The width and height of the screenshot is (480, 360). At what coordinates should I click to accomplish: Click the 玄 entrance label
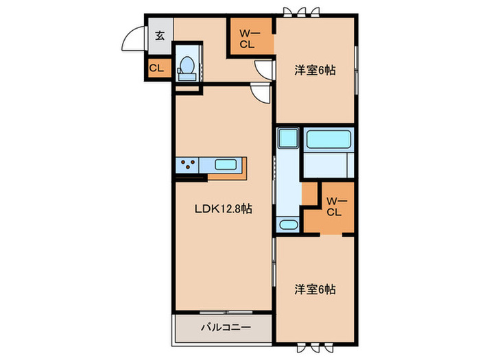[160, 36]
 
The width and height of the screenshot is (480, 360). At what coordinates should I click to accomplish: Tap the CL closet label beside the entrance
[156, 68]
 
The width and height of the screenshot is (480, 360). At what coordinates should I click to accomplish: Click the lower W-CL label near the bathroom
[333, 206]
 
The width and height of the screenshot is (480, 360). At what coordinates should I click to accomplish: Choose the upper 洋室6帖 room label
[315, 70]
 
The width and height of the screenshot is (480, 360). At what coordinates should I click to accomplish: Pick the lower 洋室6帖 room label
[315, 289]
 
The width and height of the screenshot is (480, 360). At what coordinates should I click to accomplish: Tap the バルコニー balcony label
[226, 328]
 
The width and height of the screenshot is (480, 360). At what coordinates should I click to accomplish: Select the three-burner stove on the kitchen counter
[189, 165]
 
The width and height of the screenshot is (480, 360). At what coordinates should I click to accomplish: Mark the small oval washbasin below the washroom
[287, 224]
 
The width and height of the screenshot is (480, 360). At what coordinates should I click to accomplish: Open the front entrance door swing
[134, 40]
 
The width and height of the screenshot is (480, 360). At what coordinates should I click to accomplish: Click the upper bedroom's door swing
[264, 69]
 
